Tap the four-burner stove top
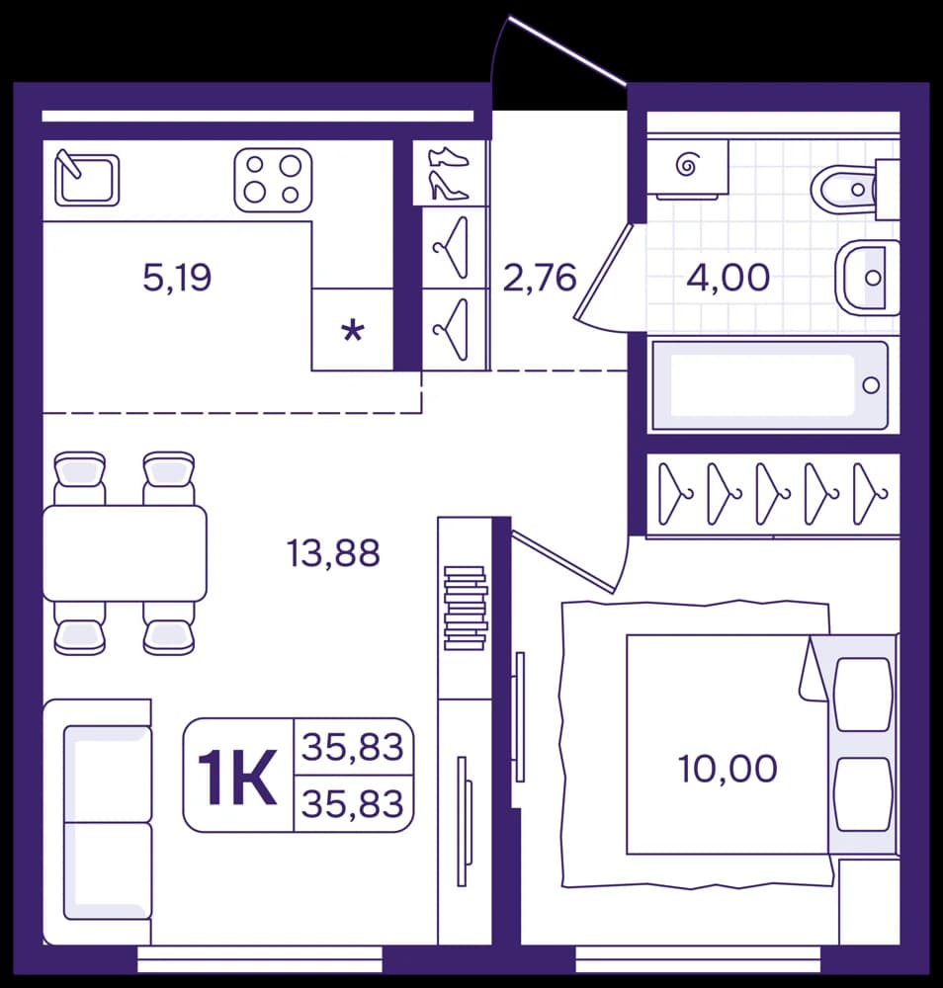coord(273,180)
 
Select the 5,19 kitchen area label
coord(177,278)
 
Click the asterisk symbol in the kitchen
coord(353,330)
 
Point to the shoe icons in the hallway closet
coord(448,173)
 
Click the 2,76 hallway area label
coord(540,278)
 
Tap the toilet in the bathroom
coord(855,190)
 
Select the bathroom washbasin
coord(867,277)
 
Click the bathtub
coord(770,385)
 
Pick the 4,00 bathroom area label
coord(729,278)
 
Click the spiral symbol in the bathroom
coord(686,165)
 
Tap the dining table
coord(125,552)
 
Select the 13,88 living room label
coord(333,553)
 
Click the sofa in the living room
coord(98,822)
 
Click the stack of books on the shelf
coord(466,608)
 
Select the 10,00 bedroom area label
coord(728,769)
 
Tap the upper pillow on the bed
coord(863,695)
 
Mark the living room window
coord(260,961)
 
